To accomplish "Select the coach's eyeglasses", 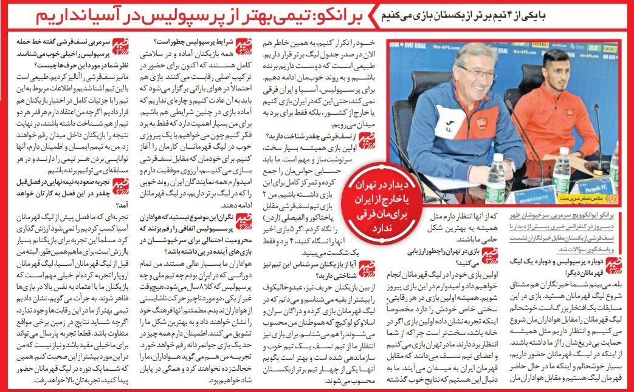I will click(477, 71).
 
